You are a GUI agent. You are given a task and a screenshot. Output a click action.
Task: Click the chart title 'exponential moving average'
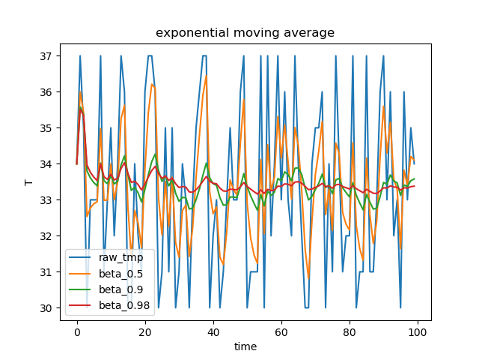245,33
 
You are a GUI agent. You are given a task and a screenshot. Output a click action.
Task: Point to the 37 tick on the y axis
46,56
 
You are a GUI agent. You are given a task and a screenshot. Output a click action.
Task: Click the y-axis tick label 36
46,92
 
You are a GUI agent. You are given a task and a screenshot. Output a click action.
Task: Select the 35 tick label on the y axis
46,128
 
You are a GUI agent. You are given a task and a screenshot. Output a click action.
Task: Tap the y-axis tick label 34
46,164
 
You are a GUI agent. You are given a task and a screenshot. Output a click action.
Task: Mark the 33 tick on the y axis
46,200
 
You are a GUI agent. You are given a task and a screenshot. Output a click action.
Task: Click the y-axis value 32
46,236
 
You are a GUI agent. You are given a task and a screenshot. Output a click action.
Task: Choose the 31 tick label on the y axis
46,272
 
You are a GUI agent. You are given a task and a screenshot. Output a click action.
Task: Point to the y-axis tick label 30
46,308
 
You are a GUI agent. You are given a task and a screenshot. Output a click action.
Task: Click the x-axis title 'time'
245,346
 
